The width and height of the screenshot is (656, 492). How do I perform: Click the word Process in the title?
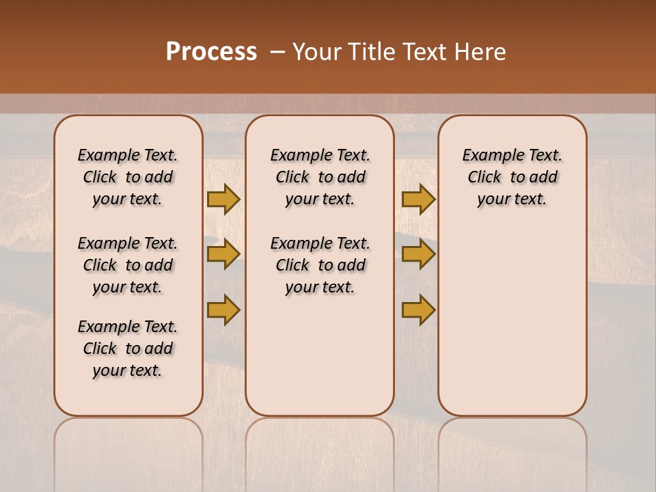[x=211, y=52]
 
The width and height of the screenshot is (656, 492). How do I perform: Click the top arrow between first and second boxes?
[x=223, y=199]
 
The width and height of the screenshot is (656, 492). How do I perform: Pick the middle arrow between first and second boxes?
[x=223, y=254]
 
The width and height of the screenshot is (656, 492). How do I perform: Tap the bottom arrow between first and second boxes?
[x=223, y=310]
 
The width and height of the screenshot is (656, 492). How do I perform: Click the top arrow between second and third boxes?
[x=418, y=199]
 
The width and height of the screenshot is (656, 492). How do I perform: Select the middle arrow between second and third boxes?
[x=418, y=254]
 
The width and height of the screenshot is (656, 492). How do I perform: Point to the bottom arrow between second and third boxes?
[x=418, y=310]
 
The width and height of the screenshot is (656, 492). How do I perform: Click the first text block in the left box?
[x=128, y=177]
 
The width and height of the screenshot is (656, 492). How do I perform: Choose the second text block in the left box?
[x=128, y=265]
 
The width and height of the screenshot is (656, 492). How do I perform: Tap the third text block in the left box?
[x=128, y=348]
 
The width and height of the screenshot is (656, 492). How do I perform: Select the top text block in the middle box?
[x=320, y=177]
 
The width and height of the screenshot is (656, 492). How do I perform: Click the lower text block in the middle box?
[x=320, y=265]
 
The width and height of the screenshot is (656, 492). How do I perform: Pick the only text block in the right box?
[x=512, y=177]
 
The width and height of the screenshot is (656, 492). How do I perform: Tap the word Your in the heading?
[x=317, y=52]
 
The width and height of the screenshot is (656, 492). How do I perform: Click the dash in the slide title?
[x=277, y=52]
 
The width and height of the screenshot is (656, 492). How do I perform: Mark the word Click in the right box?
[x=484, y=178]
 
